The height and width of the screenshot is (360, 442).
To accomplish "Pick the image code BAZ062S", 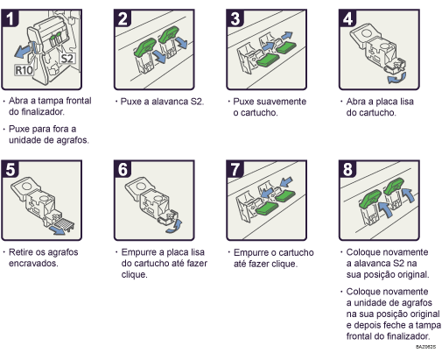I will pos(429,348).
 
